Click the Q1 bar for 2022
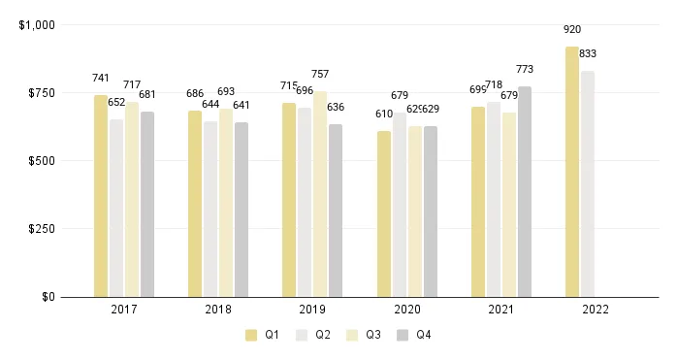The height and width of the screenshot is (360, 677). click(572, 172)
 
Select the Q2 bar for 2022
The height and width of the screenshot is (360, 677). click(588, 183)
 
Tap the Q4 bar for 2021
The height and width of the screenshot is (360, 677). click(525, 191)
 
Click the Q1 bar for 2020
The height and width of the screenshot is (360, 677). click(384, 213)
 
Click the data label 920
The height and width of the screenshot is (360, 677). click(572, 30)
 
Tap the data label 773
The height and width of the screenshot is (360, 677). click(525, 70)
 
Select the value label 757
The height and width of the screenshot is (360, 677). click(320, 74)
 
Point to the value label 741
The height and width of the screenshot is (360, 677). click(101, 78)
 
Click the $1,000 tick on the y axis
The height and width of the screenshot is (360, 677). click(37, 25)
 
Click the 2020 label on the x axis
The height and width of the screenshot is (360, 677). click(407, 311)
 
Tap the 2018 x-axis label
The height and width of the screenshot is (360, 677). click(218, 311)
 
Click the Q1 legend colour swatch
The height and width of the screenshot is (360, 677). click(251, 335)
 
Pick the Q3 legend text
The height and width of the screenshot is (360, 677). click(373, 335)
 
